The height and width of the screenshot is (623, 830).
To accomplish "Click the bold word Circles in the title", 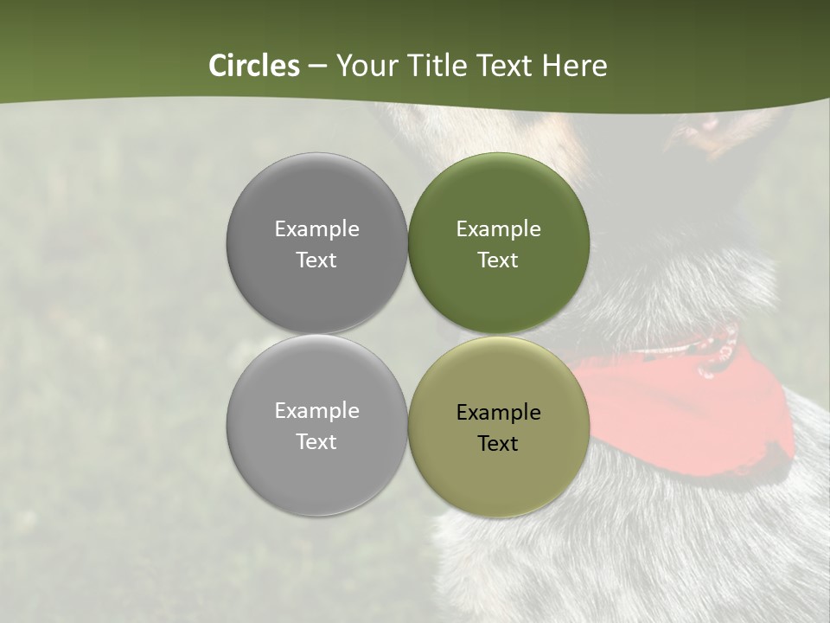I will pos(254,66).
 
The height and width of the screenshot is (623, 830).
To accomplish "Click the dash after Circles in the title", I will pos(317,67).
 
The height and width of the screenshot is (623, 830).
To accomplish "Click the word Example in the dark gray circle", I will pos(316,229).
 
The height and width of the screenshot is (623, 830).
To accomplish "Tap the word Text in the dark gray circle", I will pos(316,260).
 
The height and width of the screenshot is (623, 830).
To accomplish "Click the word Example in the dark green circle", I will pos(498,229).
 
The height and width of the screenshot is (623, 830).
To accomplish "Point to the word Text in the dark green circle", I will pos(498,260).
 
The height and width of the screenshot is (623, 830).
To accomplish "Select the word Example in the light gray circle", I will pos(316,411).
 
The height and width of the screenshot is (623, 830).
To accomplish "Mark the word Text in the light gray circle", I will pos(316,442).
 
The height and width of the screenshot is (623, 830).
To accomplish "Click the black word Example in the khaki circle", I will pos(498,413).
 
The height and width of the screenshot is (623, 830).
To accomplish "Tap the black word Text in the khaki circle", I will pos(498,444).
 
